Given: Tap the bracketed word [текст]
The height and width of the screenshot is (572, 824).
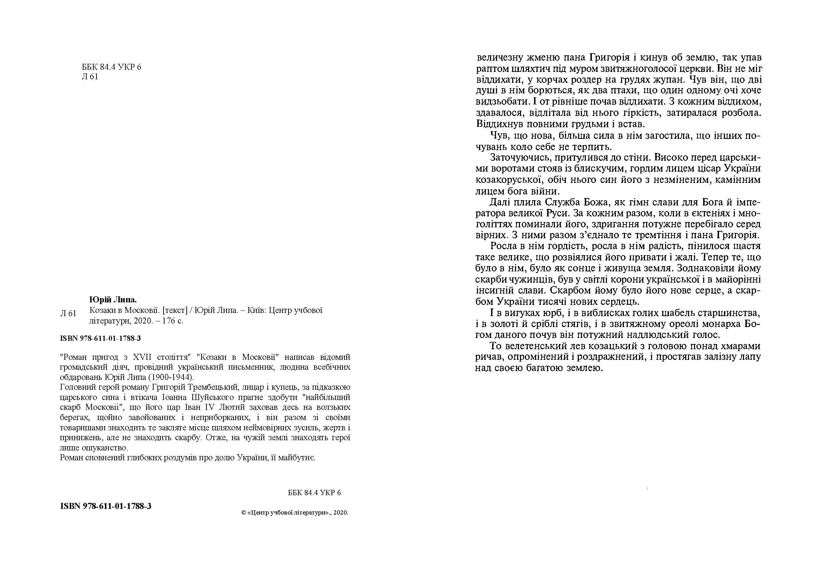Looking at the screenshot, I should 175,310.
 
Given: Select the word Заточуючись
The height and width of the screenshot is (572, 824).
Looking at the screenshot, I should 516,158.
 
